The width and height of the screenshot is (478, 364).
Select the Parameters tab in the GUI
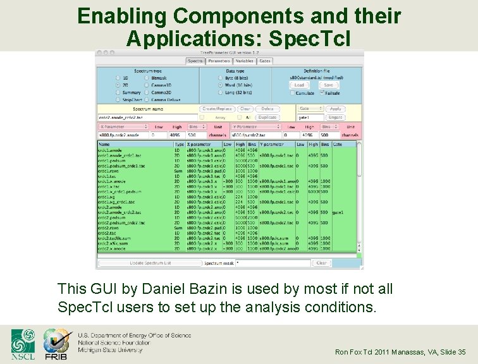coord(219,61)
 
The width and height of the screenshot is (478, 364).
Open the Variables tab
coord(244,61)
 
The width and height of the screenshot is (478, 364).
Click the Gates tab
coord(264,61)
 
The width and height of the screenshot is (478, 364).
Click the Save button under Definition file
coord(328,85)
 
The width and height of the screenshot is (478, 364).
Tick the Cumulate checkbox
coord(293,92)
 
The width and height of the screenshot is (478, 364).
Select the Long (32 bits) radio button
coord(204,92)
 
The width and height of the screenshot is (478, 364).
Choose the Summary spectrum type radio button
coord(118,92)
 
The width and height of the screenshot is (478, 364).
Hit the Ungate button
coord(336,117)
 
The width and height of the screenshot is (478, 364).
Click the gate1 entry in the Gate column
coord(338,212)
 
